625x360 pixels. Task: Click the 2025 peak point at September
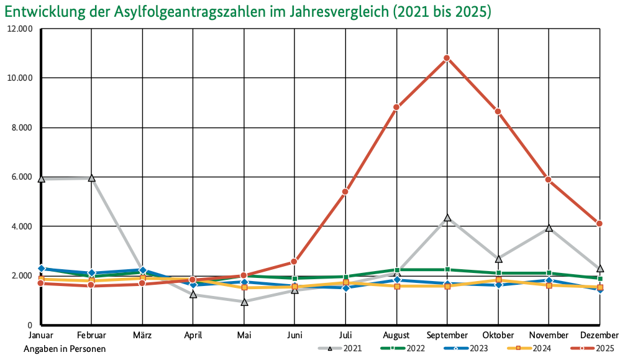[447, 58]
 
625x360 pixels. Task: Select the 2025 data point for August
[396, 108]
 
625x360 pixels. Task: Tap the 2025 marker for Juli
[345, 192]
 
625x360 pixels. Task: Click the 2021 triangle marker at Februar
[92, 178]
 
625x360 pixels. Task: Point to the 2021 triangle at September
[447, 218]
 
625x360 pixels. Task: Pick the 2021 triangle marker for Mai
[244, 302]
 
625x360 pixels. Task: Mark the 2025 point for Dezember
[599, 223]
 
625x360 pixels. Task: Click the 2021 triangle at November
[549, 228]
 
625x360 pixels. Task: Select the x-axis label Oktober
[498, 336]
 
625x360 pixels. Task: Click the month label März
[142, 336]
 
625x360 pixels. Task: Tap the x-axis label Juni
[294, 336]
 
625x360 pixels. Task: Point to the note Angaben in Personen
[65, 349]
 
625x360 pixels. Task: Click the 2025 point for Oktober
[498, 111]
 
